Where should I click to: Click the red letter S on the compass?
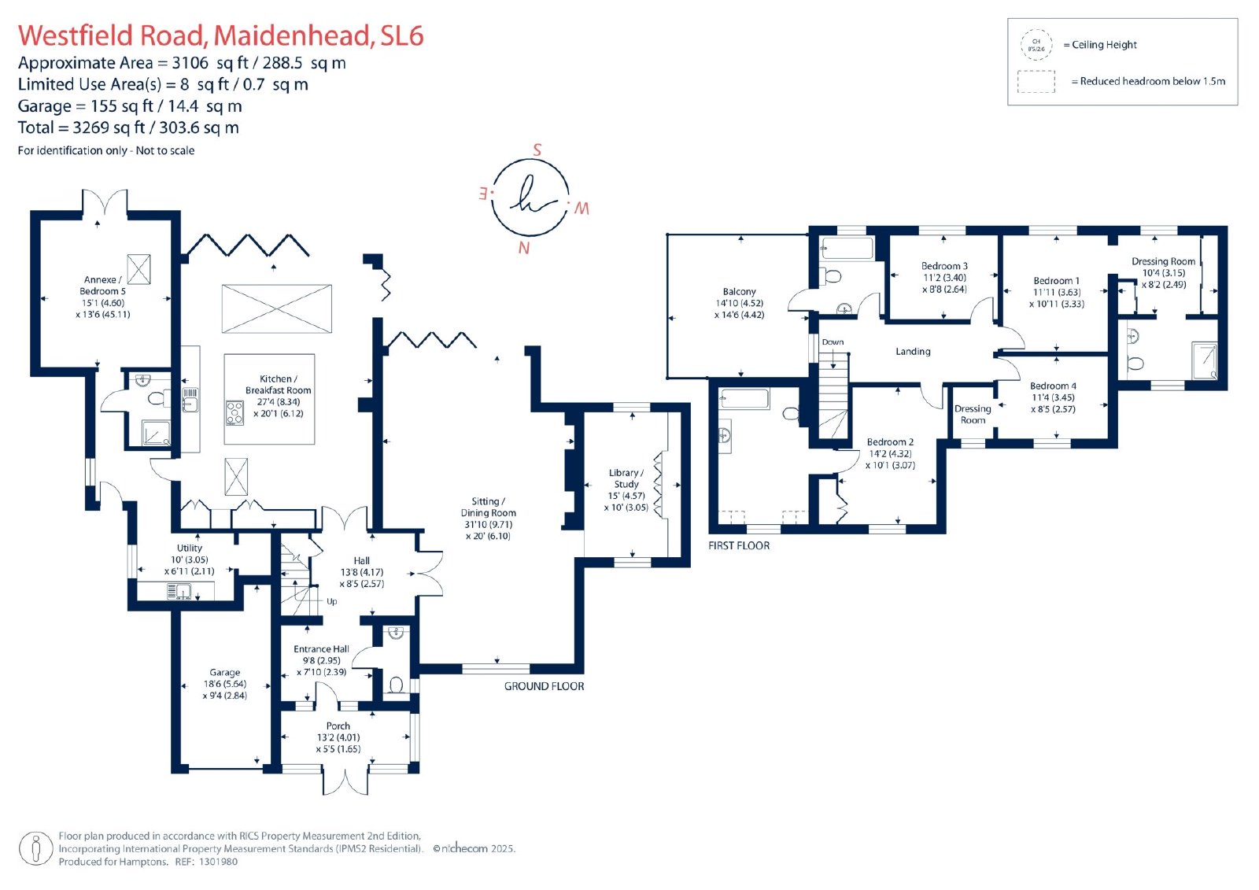pos(537,150)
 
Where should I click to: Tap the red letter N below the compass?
pos(524,248)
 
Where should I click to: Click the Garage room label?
pos(225,673)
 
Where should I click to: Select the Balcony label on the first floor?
pos(739,291)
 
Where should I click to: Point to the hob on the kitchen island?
pos(235,412)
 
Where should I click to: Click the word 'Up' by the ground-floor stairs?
pos(331,601)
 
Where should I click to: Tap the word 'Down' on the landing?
pos(833,342)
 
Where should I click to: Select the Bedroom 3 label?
pos(944,266)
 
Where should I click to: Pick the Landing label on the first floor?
pos(913,352)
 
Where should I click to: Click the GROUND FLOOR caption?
pos(544,686)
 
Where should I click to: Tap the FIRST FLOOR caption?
pos(739,545)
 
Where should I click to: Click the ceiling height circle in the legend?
pos(1036,45)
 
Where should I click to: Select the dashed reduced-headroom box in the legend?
pos(1036,82)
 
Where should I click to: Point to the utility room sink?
pos(179,591)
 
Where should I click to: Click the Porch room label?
pos(338,726)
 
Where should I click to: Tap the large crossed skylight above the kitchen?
pos(276,308)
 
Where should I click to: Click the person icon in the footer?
pos(36,848)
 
